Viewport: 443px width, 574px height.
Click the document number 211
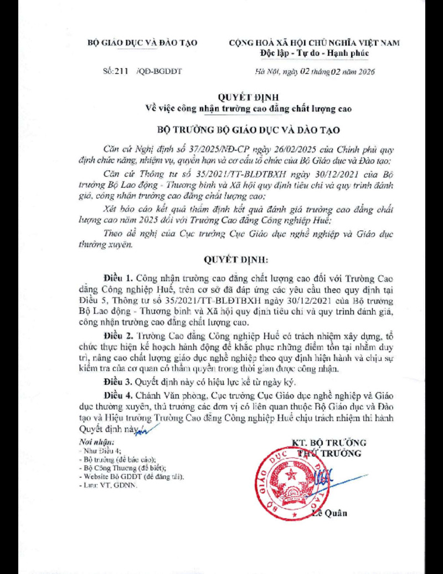coord(114,72)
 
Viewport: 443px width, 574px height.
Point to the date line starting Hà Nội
coord(315,72)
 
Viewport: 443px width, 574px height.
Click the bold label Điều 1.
coord(117,276)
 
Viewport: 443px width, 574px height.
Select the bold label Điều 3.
coord(117,382)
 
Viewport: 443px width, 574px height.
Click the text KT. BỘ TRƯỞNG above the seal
coord(329,443)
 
